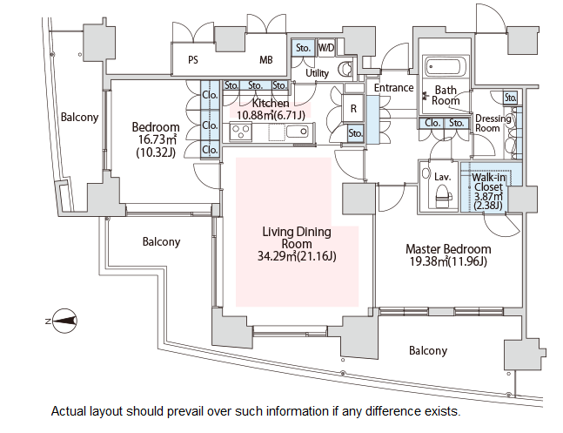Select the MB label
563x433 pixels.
tap(266, 61)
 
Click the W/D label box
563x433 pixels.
tap(326, 47)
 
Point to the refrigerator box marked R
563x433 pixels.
tap(354, 110)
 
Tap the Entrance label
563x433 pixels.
tap(393, 88)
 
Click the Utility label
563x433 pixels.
tap(318, 73)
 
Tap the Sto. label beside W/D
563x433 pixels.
tap(303, 47)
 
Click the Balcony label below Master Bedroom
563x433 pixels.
tap(428, 351)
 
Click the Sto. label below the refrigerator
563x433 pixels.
tap(355, 133)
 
